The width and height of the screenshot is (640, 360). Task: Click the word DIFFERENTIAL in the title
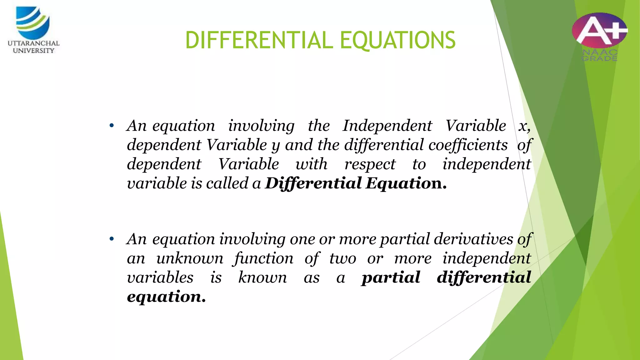259,40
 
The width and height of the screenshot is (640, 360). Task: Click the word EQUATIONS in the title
397,40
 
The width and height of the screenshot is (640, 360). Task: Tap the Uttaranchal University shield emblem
33,22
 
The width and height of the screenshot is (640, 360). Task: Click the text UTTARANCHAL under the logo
33,43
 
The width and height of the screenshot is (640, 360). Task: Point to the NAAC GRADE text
599,55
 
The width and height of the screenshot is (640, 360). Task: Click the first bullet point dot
112,126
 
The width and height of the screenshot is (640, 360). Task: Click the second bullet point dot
112,240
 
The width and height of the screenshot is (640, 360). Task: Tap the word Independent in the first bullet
387,126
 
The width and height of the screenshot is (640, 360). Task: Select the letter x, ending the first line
524,126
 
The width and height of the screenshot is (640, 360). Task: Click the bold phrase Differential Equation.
356,183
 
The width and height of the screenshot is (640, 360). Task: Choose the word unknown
190,258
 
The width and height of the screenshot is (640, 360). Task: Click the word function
263,258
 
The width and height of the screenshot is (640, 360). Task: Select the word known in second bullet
262,277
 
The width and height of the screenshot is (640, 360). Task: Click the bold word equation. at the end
166,297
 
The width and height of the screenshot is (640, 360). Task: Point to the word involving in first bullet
261,126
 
